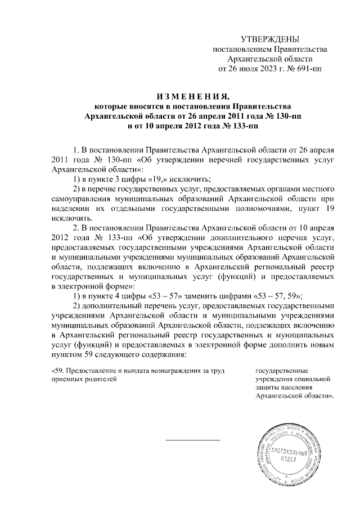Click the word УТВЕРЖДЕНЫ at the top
click(x=269, y=38)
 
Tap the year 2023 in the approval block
click(x=262, y=69)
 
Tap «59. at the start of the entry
click(x=59, y=371)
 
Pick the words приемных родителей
click(x=84, y=380)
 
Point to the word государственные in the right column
click(x=281, y=371)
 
